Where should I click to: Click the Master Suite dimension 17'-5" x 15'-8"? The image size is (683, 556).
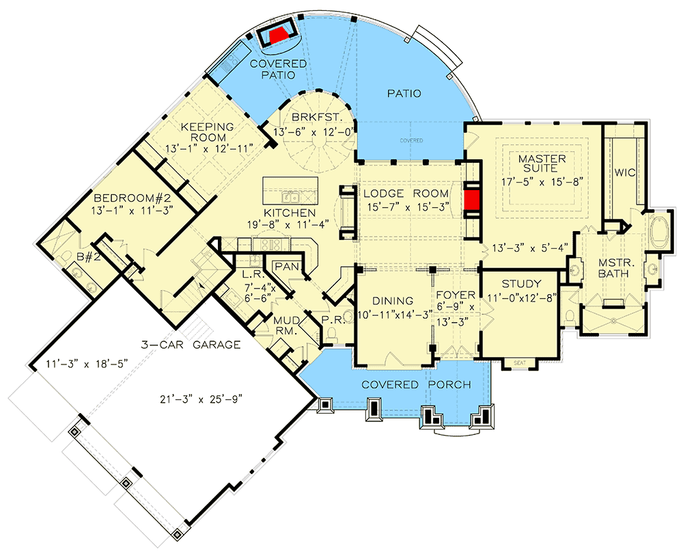point(542,183)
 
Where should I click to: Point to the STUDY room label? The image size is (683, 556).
point(521,284)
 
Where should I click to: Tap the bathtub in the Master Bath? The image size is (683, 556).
point(660,233)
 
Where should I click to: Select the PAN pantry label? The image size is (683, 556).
point(285,266)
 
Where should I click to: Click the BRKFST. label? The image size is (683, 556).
point(314,117)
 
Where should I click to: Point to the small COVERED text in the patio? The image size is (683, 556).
point(411,141)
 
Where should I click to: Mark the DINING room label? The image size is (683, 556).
point(393,301)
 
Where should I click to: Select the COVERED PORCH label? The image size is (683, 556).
point(416,385)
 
